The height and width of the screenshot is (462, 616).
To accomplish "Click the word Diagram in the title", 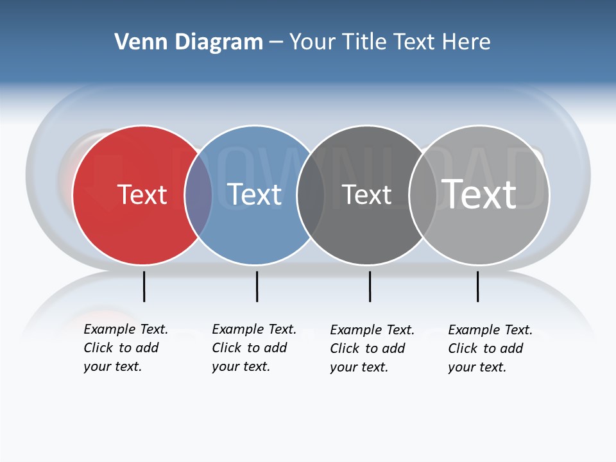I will [x=219, y=42].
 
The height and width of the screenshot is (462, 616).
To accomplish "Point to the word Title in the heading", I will [x=363, y=42].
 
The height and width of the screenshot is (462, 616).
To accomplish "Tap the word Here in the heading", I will [x=466, y=42].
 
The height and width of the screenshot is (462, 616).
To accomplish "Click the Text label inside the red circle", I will [x=142, y=194].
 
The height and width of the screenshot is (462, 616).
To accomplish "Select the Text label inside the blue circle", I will [x=255, y=194].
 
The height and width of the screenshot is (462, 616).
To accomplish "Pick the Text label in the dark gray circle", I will [x=366, y=194].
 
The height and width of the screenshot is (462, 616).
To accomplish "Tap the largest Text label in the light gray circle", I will [x=479, y=194].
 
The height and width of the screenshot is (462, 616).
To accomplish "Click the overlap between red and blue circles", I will [x=198, y=195].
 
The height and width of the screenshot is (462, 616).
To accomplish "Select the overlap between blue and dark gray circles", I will [x=311, y=195].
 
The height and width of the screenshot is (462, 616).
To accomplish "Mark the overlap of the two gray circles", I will [x=423, y=195].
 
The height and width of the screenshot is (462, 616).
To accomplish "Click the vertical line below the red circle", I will [x=144, y=286].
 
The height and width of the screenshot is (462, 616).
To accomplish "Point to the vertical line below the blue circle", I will [x=257, y=286].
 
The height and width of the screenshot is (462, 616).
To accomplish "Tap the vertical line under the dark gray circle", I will [x=370, y=286].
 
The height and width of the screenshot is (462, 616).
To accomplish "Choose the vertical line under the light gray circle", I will [x=477, y=286].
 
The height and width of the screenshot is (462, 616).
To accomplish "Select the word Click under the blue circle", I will [x=227, y=348].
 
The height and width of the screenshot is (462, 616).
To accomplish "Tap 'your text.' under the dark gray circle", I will [x=359, y=367].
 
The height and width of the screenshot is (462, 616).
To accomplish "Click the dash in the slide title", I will [x=276, y=43].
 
